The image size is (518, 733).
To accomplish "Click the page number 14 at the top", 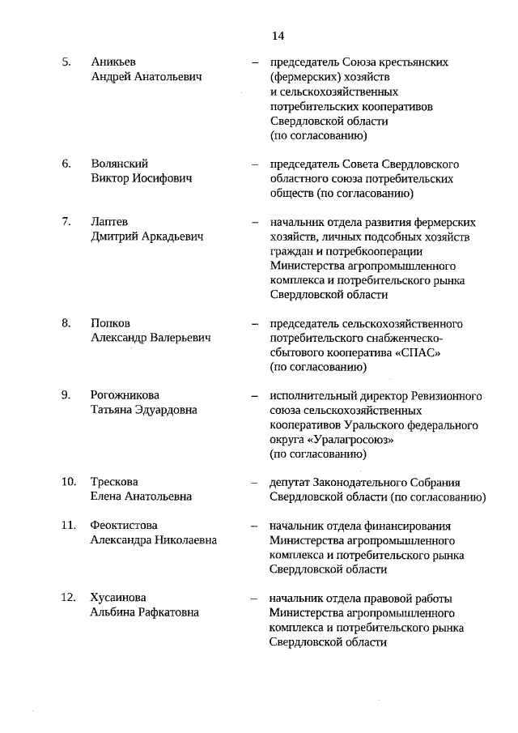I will tap(278, 36).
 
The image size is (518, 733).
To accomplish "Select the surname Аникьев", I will tap(114, 62).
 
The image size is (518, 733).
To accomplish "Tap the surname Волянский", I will tap(119, 164).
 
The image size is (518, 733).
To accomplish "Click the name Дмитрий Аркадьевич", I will tap(146, 237).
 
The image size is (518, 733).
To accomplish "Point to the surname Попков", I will tap(111, 323).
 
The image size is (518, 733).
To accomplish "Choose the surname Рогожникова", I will tap(125, 395).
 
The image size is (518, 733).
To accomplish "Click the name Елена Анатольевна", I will tap(141, 496).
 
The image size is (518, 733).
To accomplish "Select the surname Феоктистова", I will tap(124, 526).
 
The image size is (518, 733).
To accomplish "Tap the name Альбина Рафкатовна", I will tap(144, 612).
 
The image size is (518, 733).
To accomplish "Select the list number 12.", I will tap(69, 598).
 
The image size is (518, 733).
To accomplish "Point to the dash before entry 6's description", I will tap(254, 164).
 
